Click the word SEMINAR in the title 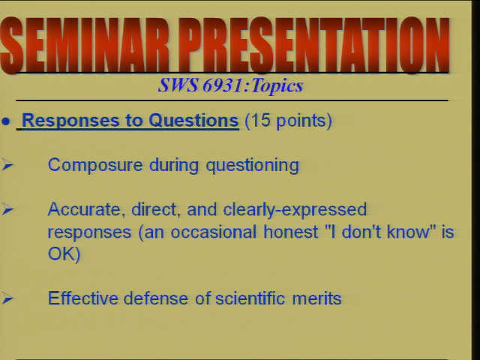[85, 45]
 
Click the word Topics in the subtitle [277, 85]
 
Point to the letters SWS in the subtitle [178, 85]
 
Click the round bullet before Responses [5, 121]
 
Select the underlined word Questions [193, 121]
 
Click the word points [301, 121]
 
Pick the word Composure [95, 166]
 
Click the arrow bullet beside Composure [7, 165]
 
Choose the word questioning [252, 166]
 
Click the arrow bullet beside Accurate [7, 210]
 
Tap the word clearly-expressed [295, 210]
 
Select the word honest [290, 232]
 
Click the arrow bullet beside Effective [7, 298]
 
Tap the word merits [316, 298]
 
